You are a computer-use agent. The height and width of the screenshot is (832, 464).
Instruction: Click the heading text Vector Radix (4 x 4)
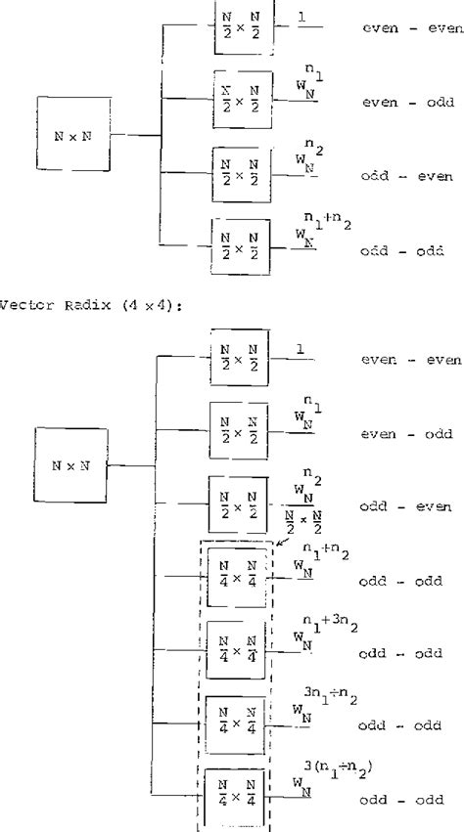pos(68,300)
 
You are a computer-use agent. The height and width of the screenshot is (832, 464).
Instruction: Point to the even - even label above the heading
pos(411,30)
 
